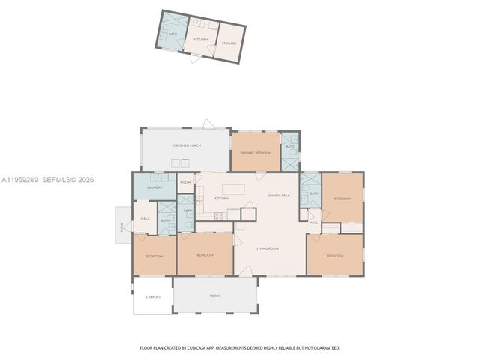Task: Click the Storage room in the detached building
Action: click(x=229, y=43)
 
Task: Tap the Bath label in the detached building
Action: click(x=173, y=34)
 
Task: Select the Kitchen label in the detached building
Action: click(x=201, y=39)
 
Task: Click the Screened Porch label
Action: click(x=186, y=145)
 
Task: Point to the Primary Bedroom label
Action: click(x=255, y=152)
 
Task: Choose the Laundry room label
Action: click(x=155, y=187)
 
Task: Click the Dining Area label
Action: click(x=279, y=196)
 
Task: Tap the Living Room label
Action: click(x=268, y=248)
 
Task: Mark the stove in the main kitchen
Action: click(x=219, y=217)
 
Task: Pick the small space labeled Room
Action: click(x=185, y=182)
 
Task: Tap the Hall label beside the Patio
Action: click(x=145, y=219)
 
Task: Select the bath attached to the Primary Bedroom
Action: click(x=289, y=147)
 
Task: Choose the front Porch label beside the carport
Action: click(x=215, y=295)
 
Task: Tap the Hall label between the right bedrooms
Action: click(x=314, y=223)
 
